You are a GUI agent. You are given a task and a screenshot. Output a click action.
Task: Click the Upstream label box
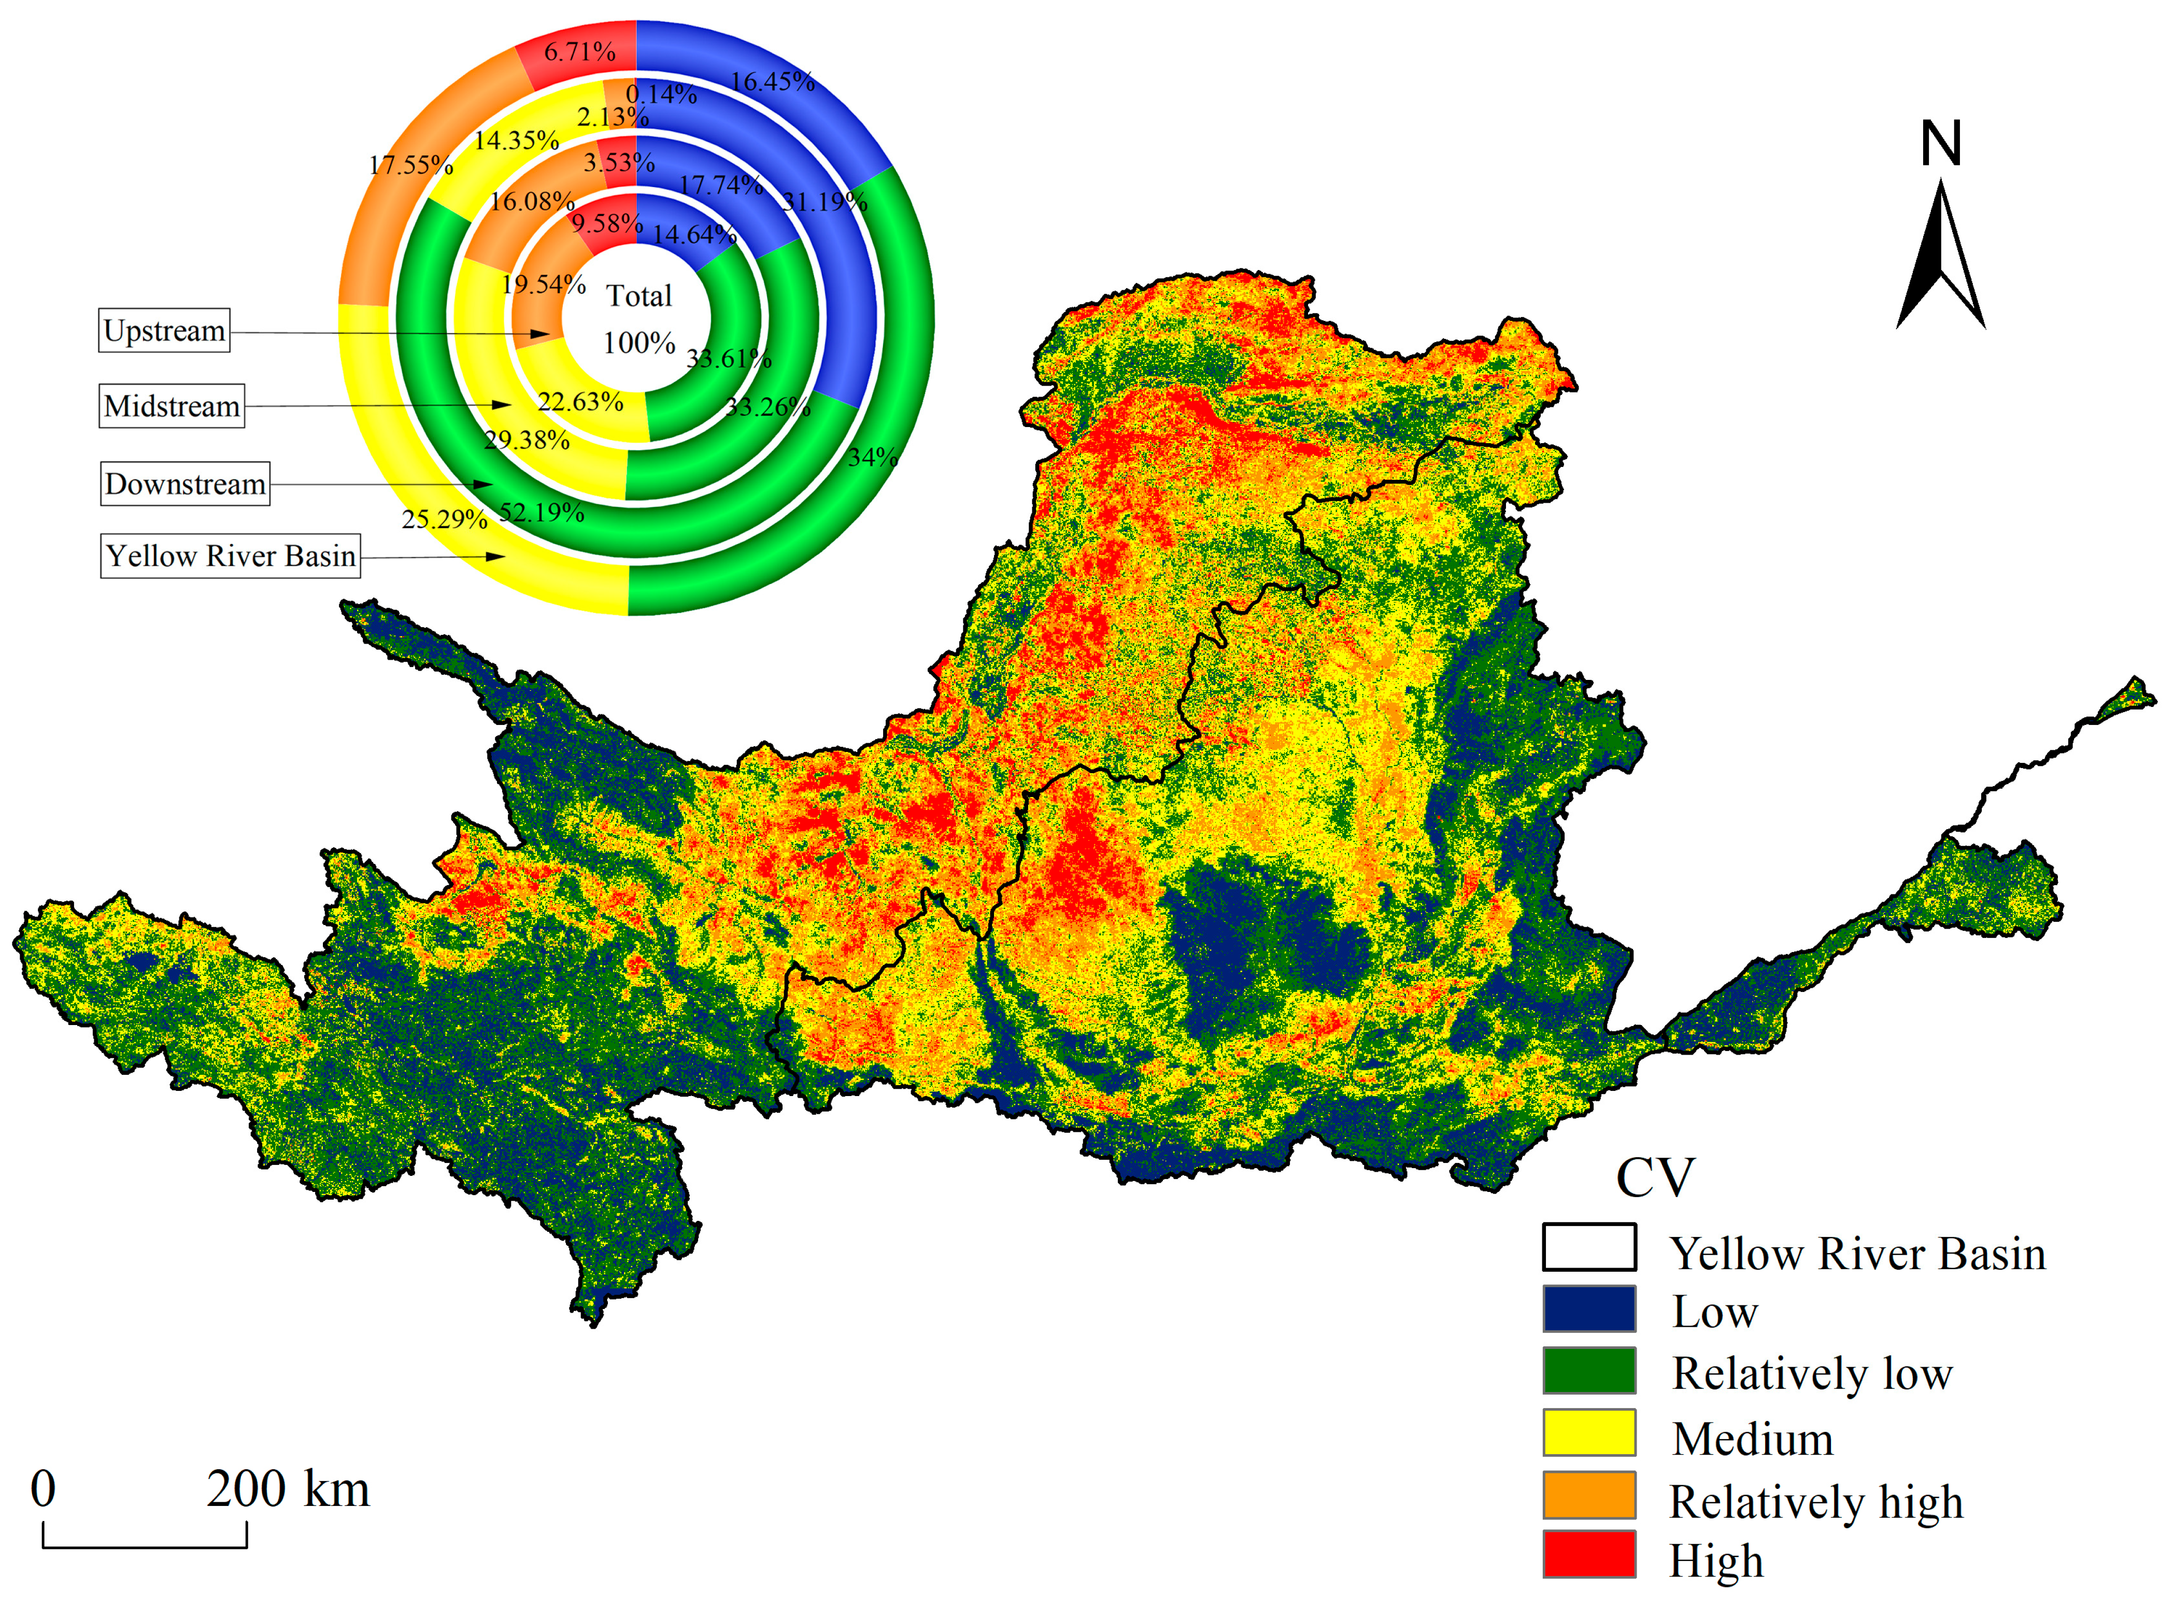point(164,331)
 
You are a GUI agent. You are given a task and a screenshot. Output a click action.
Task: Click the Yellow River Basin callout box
point(231,556)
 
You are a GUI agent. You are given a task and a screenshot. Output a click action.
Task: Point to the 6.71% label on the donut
point(579,51)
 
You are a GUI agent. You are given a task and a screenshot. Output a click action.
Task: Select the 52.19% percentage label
point(542,513)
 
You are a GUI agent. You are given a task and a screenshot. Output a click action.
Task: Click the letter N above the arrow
point(1941,144)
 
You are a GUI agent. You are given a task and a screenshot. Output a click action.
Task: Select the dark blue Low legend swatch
point(1589,1309)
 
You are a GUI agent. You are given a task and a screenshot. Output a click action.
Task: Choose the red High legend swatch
point(1589,1554)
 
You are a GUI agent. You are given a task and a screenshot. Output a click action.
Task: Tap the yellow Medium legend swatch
point(1589,1432)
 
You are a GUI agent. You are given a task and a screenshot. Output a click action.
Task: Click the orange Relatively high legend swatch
point(1589,1494)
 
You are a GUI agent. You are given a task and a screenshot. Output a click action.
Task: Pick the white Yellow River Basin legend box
point(1589,1247)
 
